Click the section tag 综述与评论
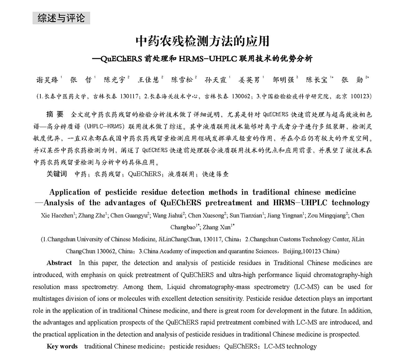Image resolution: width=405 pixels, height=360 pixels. pos(61,18)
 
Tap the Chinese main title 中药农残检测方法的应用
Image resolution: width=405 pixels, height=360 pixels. pos(202,42)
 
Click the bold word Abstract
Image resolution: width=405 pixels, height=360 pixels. pos(59,263)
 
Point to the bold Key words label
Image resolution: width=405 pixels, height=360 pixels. pos(62,347)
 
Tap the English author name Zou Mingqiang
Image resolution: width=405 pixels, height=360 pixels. pos(324,216)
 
